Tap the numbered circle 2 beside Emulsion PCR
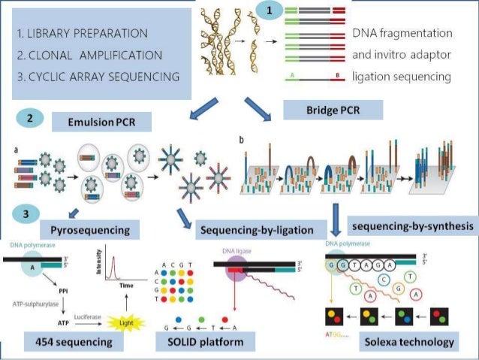29,118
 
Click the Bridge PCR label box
333,110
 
